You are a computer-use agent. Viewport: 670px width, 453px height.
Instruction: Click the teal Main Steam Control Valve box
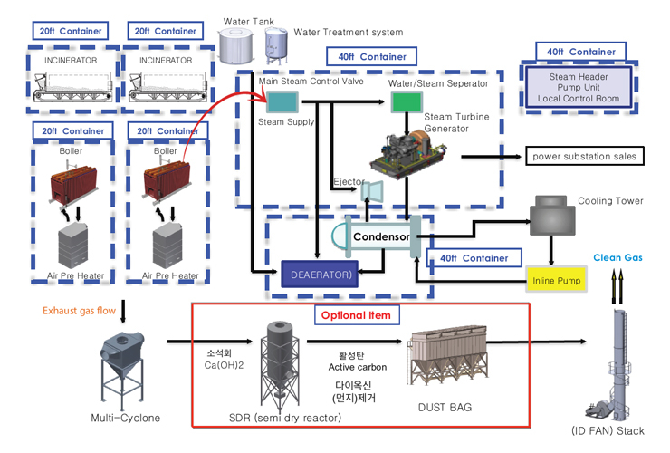(282, 102)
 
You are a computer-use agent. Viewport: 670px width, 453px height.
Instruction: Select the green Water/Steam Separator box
(407, 101)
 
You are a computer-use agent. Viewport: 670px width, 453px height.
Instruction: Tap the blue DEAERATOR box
(320, 275)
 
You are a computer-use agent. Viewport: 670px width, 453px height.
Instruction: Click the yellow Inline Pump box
(556, 279)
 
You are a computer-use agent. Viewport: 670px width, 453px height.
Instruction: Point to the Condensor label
(381, 236)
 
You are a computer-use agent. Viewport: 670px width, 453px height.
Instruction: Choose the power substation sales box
(585, 157)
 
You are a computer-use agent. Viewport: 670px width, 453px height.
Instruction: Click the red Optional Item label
(356, 315)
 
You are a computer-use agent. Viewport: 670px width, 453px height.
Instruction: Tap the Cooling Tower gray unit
(552, 215)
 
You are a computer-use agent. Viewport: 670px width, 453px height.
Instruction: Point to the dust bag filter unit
(446, 355)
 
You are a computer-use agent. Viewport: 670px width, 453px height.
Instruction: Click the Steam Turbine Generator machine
(409, 154)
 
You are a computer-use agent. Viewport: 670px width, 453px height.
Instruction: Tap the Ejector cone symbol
(373, 191)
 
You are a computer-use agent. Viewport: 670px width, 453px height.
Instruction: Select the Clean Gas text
(617, 257)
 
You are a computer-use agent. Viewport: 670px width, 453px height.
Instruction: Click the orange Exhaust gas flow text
(79, 311)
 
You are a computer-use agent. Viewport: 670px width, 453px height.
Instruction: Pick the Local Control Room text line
(579, 99)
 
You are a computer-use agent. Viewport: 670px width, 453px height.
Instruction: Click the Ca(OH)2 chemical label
(224, 365)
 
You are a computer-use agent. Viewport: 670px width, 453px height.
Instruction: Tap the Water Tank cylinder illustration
(236, 46)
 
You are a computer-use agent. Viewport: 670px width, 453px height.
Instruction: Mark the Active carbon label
(358, 367)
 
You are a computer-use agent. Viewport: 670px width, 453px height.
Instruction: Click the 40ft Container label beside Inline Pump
(474, 258)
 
